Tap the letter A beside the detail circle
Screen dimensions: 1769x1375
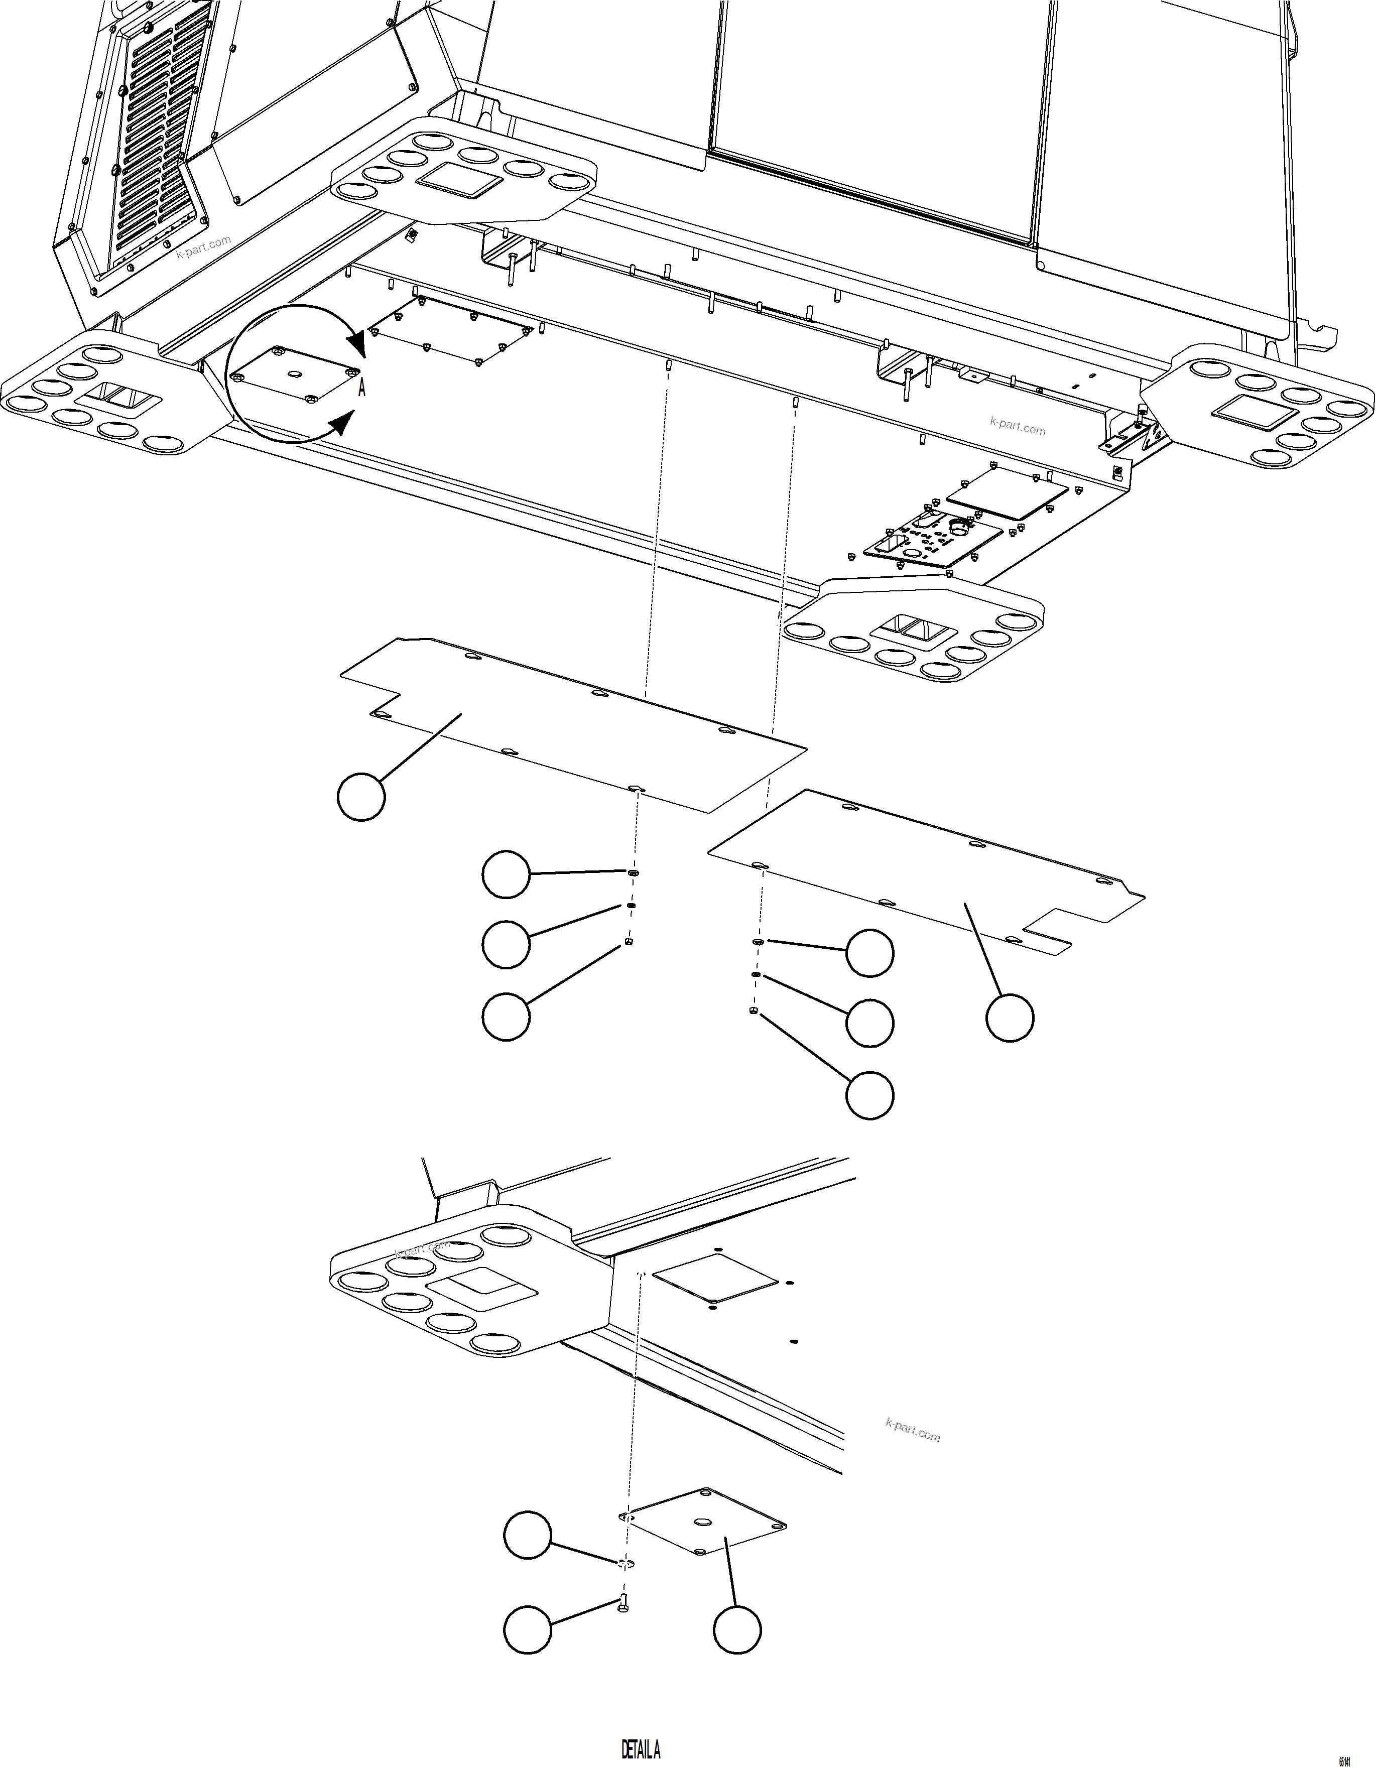coord(362,389)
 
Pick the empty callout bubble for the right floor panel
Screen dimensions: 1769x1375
coord(1010,1018)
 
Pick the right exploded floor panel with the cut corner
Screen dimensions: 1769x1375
coord(924,875)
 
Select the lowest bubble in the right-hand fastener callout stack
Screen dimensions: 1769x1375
coord(869,1095)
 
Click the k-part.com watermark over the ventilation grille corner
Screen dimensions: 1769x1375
coord(203,246)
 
